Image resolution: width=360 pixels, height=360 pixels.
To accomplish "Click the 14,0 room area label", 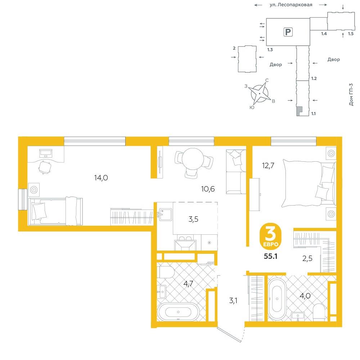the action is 101,178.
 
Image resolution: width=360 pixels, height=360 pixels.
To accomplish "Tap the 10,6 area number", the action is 208,189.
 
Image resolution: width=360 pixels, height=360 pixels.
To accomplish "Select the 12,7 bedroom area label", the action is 268,165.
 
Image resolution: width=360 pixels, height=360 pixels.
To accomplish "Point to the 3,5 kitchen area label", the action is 193,219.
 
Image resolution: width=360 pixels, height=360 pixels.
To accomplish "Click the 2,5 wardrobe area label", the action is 307,258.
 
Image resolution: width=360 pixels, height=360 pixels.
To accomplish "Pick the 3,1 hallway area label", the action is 233,301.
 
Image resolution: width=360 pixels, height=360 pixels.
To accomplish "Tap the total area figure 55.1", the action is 270,256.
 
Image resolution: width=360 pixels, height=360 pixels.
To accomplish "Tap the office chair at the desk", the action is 45,167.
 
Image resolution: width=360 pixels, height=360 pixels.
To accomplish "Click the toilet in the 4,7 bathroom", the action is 165,272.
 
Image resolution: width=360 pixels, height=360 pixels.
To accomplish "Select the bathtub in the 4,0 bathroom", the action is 277,299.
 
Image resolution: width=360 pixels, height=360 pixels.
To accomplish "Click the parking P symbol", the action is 288,32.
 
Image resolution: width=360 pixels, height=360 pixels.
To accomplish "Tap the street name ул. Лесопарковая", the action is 291,5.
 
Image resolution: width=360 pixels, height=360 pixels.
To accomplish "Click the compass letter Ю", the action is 252,107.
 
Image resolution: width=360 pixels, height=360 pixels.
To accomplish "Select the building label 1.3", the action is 270,50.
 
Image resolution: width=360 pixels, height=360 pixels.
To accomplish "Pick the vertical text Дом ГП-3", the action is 351,94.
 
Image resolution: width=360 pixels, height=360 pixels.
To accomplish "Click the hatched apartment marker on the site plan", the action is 300,111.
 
